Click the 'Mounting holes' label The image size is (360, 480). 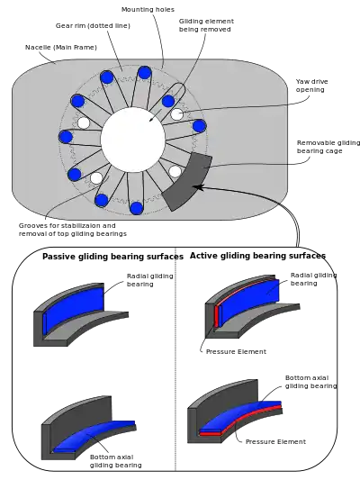pyautogui.click(x=148, y=10)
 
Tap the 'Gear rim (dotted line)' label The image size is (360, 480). pyautogui.click(x=93, y=26)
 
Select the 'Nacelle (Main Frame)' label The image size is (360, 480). pyautogui.click(x=61, y=48)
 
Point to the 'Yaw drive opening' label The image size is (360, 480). pyautogui.click(x=311, y=86)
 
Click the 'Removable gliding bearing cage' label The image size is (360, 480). pyautogui.click(x=328, y=147)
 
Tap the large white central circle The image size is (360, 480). pyautogui.click(x=133, y=140)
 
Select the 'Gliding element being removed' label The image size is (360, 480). pyautogui.click(x=206, y=25)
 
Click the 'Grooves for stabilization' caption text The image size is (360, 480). pyautogui.click(x=73, y=230)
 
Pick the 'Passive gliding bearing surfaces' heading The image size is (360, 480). pyautogui.click(x=112, y=257)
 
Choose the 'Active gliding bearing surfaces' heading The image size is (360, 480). pyautogui.click(x=257, y=256)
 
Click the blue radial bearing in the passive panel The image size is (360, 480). pyautogui.click(x=74, y=309)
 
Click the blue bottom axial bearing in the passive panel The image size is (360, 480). pyautogui.click(x=92, y=436)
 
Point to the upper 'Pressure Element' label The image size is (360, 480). pyautogui.click(x=236, y=352)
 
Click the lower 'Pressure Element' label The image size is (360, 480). pyautogui.click(x=275, y=442)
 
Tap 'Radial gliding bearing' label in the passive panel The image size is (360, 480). pyautogui.click(x=150, y=280)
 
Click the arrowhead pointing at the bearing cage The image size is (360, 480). pyautogui.click(x=198, y=187)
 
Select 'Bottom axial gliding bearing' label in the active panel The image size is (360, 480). pyautogui.click(x=311, y=382)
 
